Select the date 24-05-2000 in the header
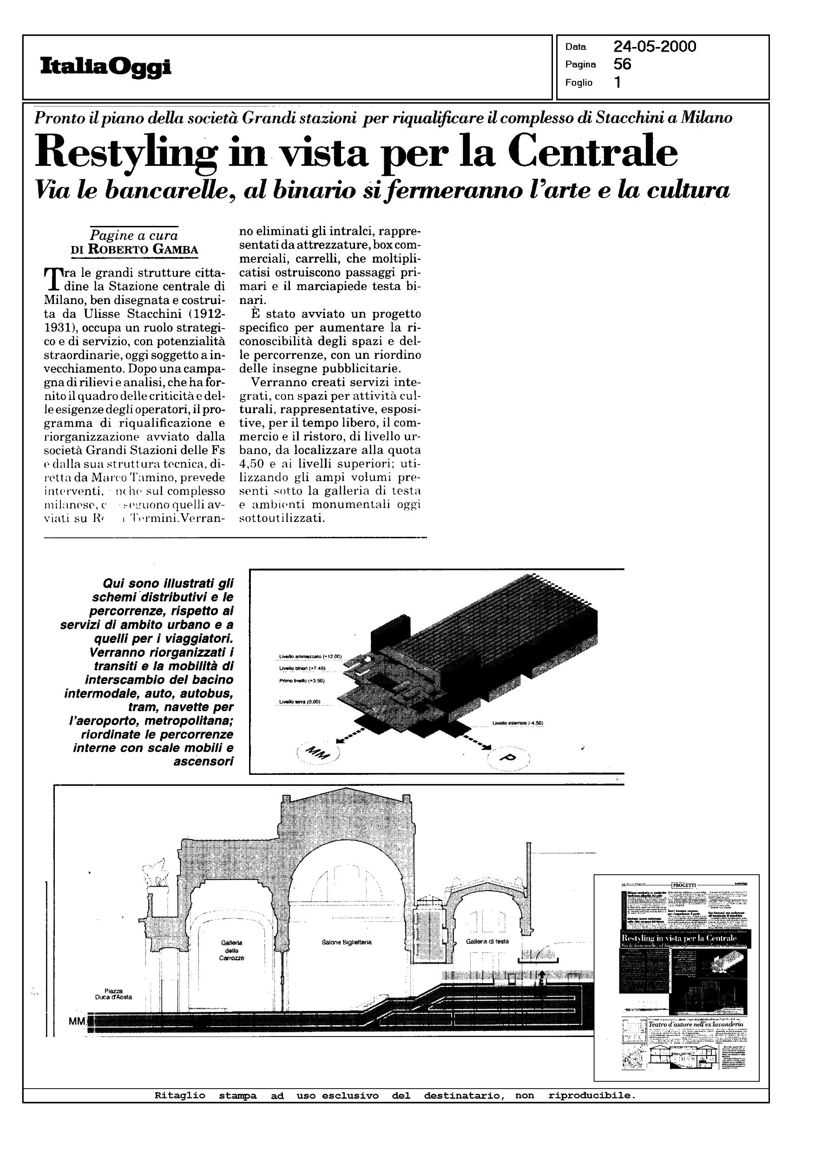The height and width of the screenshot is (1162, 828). (x=655, y=47)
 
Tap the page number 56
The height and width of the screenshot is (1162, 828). (x=623, y=64)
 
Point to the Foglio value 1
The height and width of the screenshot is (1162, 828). (x=618, y=83)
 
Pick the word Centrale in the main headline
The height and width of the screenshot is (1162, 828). (x=594, y=152)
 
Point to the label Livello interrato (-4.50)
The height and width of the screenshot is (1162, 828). (x=518, y=722)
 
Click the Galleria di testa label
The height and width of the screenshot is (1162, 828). (x=487, y=941)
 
